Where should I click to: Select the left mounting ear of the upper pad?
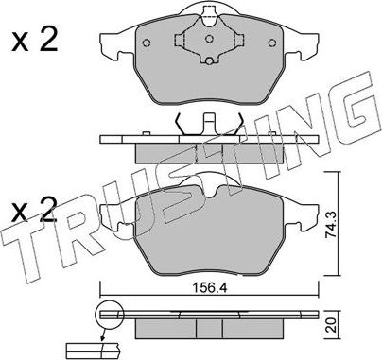pyautogui.click(x=112, y=43)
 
